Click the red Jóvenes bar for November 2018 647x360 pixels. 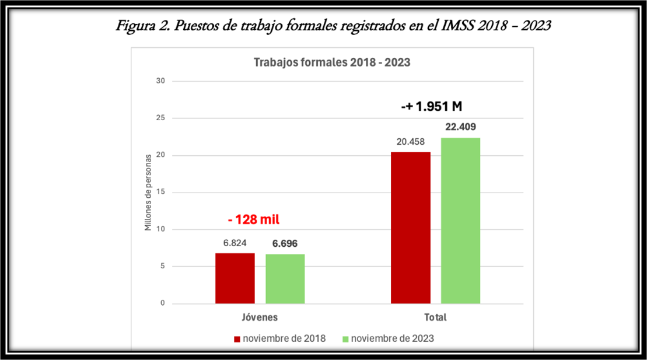click(235, 278)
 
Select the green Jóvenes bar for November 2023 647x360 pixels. click(285, 279)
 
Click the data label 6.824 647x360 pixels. click(235, 243)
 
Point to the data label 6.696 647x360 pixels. click(285, 243)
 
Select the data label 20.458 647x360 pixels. click(411, 141)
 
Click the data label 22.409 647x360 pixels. click(460, 127)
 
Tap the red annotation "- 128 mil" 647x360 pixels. click(253, 220)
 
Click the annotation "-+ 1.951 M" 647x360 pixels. click(432, 107)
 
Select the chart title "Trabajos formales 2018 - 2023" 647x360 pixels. click(332, 63)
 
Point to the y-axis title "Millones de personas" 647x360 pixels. click(148, 192)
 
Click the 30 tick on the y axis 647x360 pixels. click(161, 81)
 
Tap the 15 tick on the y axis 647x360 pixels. click(161, 193)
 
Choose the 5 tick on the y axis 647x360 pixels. click(163, 267)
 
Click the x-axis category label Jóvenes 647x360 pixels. click(260, 318)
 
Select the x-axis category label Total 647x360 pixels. click(435, 318)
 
